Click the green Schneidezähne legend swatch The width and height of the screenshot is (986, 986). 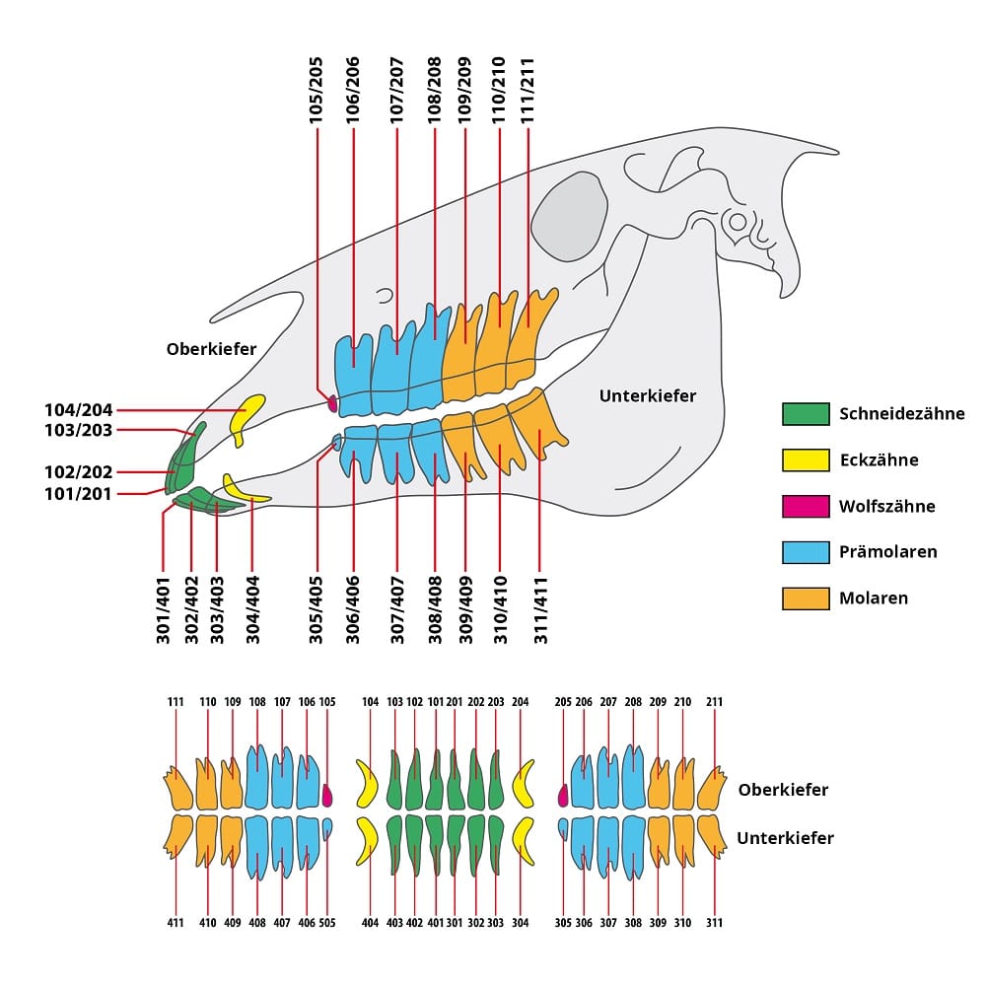pos(806,414)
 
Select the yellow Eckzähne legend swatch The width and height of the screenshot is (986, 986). pos(806,460)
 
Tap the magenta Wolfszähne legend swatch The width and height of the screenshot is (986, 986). pos(806,506)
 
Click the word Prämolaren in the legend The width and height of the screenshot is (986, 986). pos(888,552)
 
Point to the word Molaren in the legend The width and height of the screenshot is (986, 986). pos(874,599)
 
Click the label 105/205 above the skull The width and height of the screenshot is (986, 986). pos(317,91)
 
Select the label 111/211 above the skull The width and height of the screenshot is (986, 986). pos(528,91)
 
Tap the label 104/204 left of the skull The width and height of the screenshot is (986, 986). pos(79,410)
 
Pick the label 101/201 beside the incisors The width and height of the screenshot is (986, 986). pos(79,494)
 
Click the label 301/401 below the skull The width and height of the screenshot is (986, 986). pos(164,610)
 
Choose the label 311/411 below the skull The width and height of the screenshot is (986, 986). pos(540,610)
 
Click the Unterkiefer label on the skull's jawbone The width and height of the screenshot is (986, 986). pos(648,396)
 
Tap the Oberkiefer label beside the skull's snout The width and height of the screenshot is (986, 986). pos(211,349)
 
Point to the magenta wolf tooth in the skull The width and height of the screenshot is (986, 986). pos(332,403)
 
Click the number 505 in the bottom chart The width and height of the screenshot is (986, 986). pos(327,923)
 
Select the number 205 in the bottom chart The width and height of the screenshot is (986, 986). pos(563,702)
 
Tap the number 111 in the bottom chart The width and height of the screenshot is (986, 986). pos(176,702)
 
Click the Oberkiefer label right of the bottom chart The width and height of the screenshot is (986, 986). pos(784,790)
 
